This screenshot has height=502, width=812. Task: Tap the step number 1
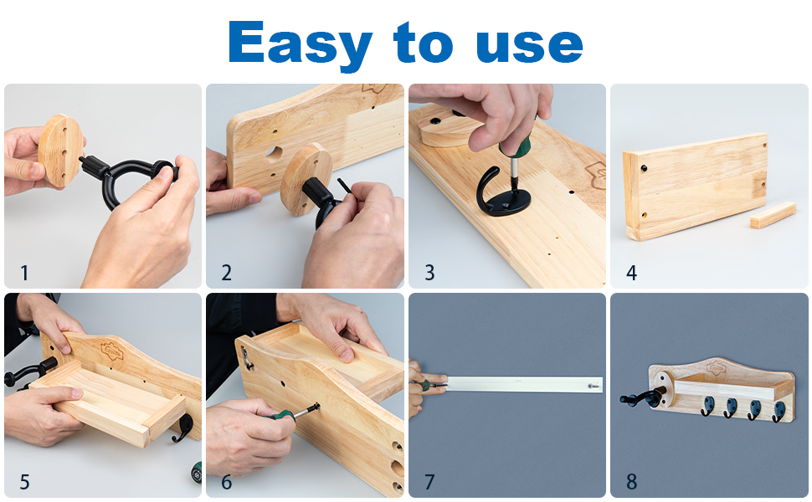(23, 273)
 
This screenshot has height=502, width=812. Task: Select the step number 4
(631, 273)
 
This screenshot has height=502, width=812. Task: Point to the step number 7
(429, 482)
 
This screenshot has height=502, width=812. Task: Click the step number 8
(631, 482)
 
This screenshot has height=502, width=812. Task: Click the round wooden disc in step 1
(60, 151)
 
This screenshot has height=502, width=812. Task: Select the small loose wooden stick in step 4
(773, 215)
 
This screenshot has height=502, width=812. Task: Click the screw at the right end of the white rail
(594, 386)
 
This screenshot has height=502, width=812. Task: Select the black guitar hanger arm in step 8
(643, 396)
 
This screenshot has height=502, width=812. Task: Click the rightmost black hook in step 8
(779, 411)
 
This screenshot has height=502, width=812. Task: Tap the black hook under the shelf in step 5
(182, 428)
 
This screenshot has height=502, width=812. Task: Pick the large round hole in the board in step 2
(275, 153)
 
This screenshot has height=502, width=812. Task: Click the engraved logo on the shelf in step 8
(717, 367)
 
